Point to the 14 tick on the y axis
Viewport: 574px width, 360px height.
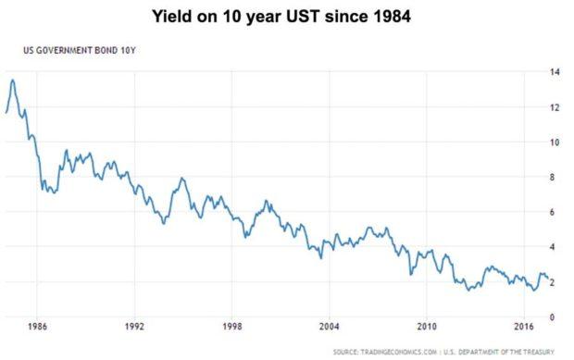coord(553,72)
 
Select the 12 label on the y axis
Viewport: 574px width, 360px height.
coord(553,107)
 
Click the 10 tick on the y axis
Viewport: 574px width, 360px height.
coord(553,143)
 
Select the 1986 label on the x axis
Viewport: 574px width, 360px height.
coord(38,327)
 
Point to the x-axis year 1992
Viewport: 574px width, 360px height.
coord(135,327)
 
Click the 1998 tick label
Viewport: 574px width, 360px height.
coord(232,327)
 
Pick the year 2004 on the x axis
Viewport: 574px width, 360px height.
coord(330,327)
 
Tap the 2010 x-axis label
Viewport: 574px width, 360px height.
coord(427,327)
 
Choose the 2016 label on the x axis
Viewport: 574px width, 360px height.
coord(523,327)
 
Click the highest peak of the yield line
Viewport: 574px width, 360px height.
coord(12,80)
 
